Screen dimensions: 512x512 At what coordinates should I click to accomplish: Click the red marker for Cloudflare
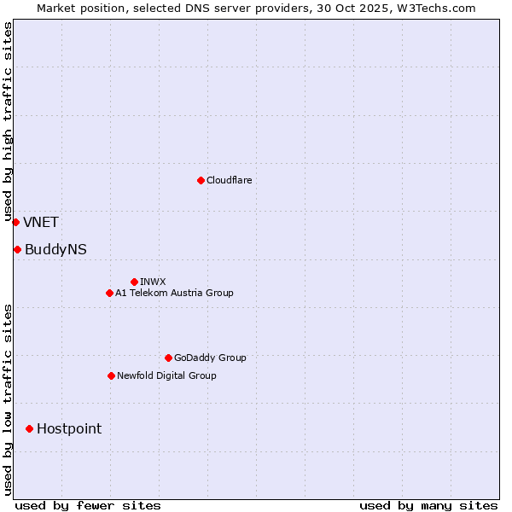pyautogui.click(x=201, y=180)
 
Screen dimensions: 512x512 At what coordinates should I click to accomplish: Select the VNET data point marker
pyautogui.click(x=15, y=222)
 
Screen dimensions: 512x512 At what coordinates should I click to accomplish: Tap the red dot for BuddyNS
pyautogui.click(x=17, y=249)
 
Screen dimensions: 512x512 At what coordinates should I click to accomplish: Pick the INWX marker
pyautogui.click(x=134, y=282)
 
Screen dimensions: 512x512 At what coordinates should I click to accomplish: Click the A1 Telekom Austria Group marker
pyautogui.click(x=109, y=293)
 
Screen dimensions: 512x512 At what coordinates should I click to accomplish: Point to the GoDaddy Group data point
pyautogui.click(x=168, y=358)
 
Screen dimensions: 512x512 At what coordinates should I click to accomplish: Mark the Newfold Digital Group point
pyautogui.click(x=111, y=375)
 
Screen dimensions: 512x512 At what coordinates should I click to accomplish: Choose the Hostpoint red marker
pyautogui.click(x=29, y=428)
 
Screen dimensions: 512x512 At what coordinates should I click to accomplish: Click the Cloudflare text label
pyautogui.click(x=229, y=180)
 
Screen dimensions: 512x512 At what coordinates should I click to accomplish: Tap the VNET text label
pyautogui.click(x=41, y=223)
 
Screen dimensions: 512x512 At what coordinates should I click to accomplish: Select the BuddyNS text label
pyautogui.click(x=55, y=250)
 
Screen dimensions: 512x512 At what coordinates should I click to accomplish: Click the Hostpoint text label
pyautogui.click(x=69, y=429)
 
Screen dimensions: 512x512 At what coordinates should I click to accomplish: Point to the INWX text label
pyautogui.click(x=153, y=282)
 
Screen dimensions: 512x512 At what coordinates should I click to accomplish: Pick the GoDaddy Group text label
pyautogui.click(x=210, y=358)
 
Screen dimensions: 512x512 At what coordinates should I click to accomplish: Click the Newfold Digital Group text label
pyautogui.click(x=166, y=375)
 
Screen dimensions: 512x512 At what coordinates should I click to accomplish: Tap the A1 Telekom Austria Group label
pyautogui.click(x=174, y=293)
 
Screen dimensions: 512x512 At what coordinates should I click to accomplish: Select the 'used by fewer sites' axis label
pyautogui.click(x=88, y=505)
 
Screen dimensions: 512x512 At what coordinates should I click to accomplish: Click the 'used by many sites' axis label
pyautogui.click(x=428, y=505)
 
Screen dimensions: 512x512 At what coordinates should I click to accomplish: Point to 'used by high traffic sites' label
pyautogui.click(x=8, y=122)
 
